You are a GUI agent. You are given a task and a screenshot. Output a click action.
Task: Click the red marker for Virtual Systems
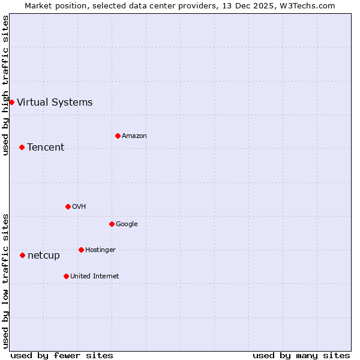(x=11, y=102)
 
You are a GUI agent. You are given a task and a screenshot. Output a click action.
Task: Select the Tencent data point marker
(x=22, y=147)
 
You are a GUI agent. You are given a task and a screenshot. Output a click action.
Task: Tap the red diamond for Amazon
(x=118, y=136)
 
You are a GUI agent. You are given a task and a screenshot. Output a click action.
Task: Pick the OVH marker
(x=68, y=206)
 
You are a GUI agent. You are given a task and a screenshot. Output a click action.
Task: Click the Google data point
(x=112, y=224)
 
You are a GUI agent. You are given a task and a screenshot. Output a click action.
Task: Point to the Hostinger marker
(x=81, y=250)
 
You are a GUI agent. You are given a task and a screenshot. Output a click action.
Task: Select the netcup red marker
(x=22, y=255)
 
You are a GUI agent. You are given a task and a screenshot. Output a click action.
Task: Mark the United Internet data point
(x=66, y=276)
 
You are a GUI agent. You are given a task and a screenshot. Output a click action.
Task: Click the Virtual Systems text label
(x=55, y=102)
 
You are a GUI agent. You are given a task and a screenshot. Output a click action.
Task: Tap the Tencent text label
(x=46, y=147)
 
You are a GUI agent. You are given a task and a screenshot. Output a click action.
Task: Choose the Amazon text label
(x=134, y=136)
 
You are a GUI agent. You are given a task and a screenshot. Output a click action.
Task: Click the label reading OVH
(x=79, y=206)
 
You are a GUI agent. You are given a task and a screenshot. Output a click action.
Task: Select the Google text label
(x=127, y=224)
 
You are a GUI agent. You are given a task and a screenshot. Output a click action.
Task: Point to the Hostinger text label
(x=100, y=250)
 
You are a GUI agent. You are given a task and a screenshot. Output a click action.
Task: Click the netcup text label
(x=44, y=255)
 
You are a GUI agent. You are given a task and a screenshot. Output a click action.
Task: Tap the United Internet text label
(x=95, y=276)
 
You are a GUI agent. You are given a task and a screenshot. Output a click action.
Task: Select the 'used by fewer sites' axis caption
(x=62, y=355)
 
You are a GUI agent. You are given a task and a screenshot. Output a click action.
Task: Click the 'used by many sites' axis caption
(x=301, y=355)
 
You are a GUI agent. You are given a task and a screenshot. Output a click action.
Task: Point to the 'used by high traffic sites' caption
(x=5, y=85)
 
